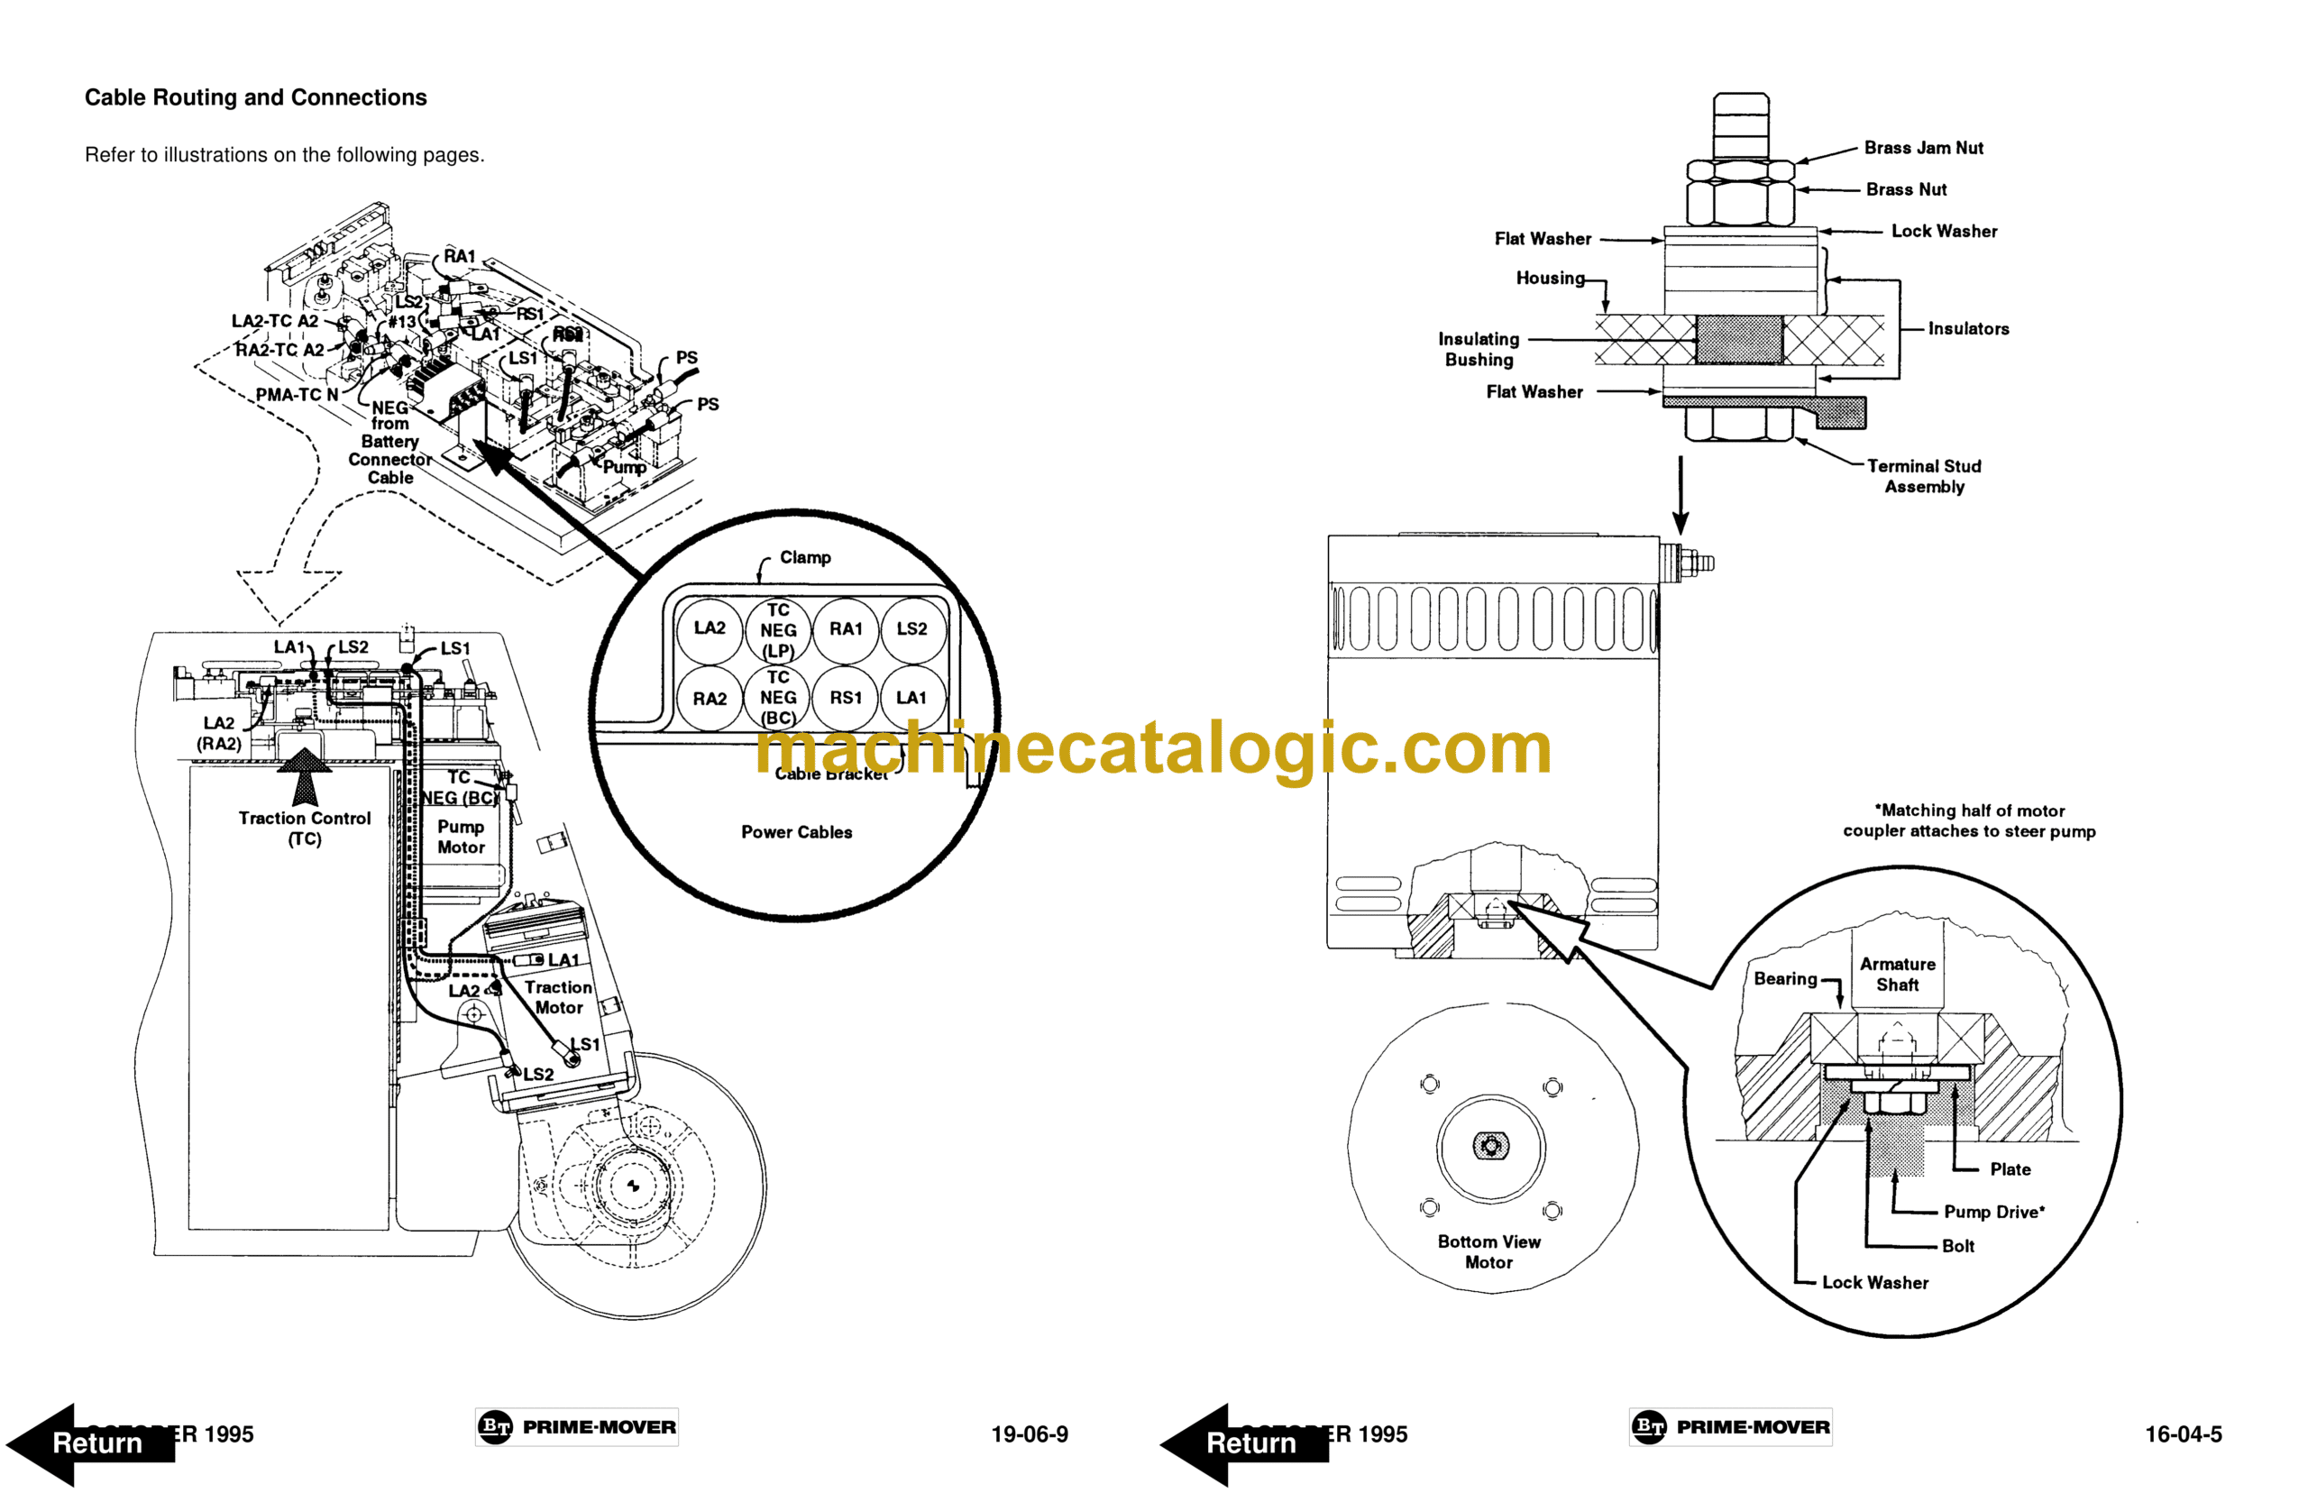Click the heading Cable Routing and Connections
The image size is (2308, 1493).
click(x=255, y=98)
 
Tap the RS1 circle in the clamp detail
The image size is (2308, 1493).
click(x=846, y=698)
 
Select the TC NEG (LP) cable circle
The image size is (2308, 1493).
click(x=777, y=630)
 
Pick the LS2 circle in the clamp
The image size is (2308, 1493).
click(x=911, y=629)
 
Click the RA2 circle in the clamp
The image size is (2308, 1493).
click(x=710, y=699)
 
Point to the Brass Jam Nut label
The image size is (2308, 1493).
click(x=1923, y=149)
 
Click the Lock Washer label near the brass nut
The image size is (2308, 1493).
click(x=1944, y=232)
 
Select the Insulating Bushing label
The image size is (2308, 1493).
click(x=1479, y=350)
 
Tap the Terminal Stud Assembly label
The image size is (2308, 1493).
click(x=1924, y=477)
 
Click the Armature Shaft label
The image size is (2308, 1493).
click(x=1897, y=975)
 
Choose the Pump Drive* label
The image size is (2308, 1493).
click(x=1994, y=1212)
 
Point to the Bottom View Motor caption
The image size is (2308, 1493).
click(x=1488, y=1251)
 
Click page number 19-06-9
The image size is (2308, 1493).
click(x=1030, y=1433)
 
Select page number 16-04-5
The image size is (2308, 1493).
click(x=2183, y=1433)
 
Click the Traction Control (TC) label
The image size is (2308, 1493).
click(x=305, y=829)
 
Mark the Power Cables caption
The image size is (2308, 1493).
click(x=797, y=833)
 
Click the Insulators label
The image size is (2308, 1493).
click(x=1968, y=330)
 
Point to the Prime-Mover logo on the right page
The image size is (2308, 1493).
click(x=1731, y=1427)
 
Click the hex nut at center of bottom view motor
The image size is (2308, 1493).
click(x=1491, y=1147)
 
